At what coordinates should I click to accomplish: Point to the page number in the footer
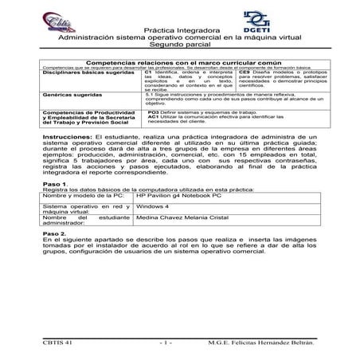tap(168, 341)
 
